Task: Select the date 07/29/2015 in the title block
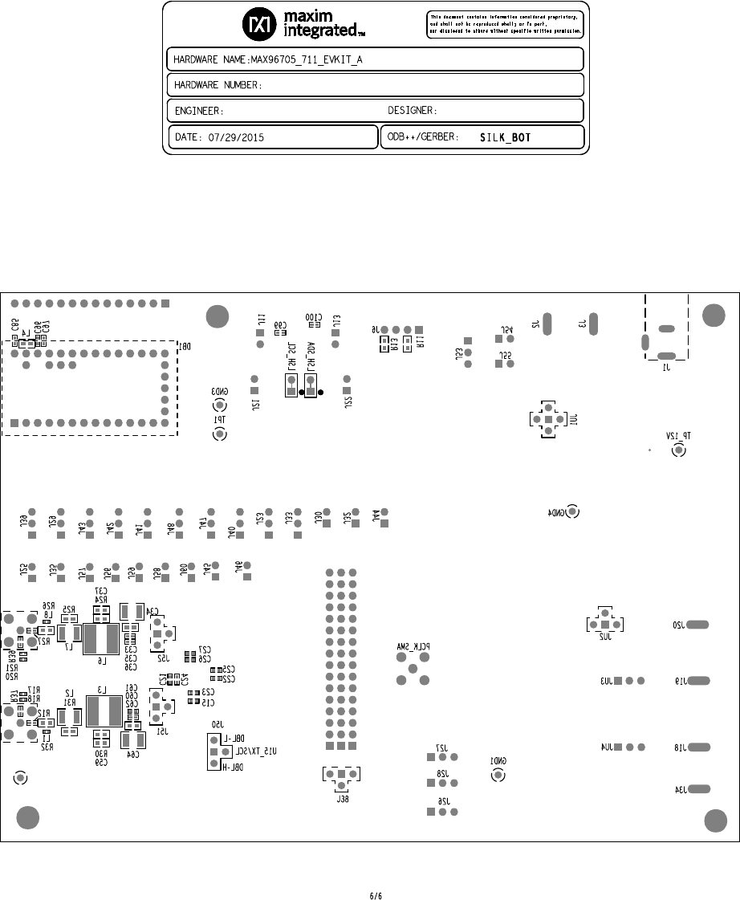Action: [x=230, y=137]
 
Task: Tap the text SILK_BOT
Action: [x=505, y=137]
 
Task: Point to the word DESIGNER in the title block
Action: [x=413, y=110]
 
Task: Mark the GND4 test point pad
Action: [x=572, y=511]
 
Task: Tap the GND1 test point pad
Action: [x=498, y=775]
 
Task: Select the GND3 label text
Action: [x=218, y=391]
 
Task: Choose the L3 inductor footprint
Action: [x=102, y=711]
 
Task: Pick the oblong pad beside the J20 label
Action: [x=698, y=625]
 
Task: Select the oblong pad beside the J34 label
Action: [x=698, y=789]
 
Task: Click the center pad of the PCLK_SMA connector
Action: [x=413, y=668]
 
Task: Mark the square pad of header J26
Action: [x=431, y=811]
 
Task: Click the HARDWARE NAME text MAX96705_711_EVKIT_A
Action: [x=307, y=60]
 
